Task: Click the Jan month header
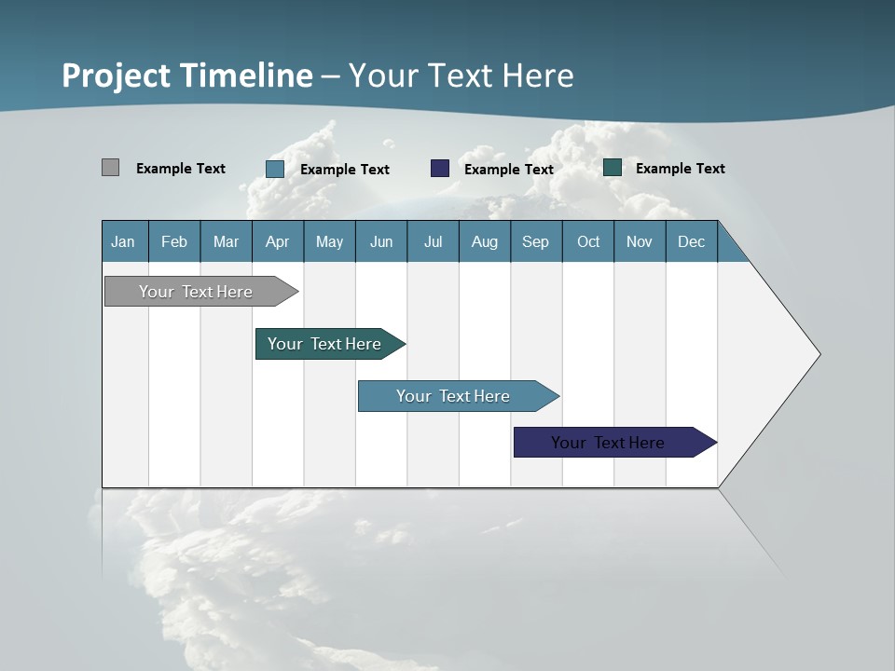click(124, 241)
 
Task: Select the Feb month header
click(174, 241)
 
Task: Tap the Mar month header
click(226, 241)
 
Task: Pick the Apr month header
click(278, 241)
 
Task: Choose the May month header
click(329, 241)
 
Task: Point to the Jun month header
click(381, 241)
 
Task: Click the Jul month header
click(433, 241)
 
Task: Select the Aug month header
click(485, 241)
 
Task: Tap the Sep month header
click(536, 241)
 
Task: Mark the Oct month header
click(588, 241)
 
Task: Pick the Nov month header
click(640, 241)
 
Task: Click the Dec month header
click(692, 241)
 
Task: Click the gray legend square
click(110, 168)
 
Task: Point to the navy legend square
click(440, 169)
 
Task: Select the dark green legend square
click(613, 168)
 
